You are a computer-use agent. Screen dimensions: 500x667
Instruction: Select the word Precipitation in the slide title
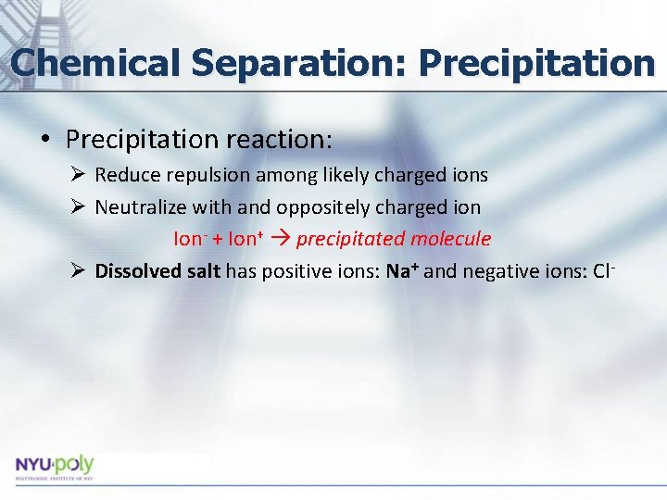click(x=536, y=63)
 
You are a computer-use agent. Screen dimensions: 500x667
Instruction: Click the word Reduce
click(x=126, y=175)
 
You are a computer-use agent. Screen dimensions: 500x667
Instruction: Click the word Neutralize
click(x=141, y=206)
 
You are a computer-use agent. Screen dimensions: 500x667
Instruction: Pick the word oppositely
click(x=319, y=206)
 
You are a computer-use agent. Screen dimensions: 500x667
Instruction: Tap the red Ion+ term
click(x=244, y=239)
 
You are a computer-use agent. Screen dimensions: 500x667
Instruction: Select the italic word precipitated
click(x=351, y=239)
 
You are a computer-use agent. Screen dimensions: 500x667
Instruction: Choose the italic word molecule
click(x=451, y=239)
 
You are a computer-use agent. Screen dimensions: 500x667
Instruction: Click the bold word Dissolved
click(x=137, y=271)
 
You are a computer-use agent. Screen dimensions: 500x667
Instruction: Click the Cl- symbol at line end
click(x=603, y=271)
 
